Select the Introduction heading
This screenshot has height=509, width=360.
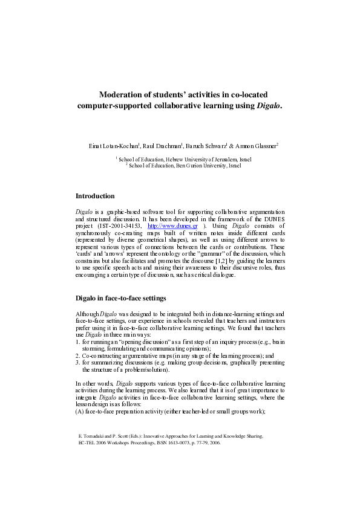[x=95, y=196]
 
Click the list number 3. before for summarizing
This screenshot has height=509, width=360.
[x=77, y=363]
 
